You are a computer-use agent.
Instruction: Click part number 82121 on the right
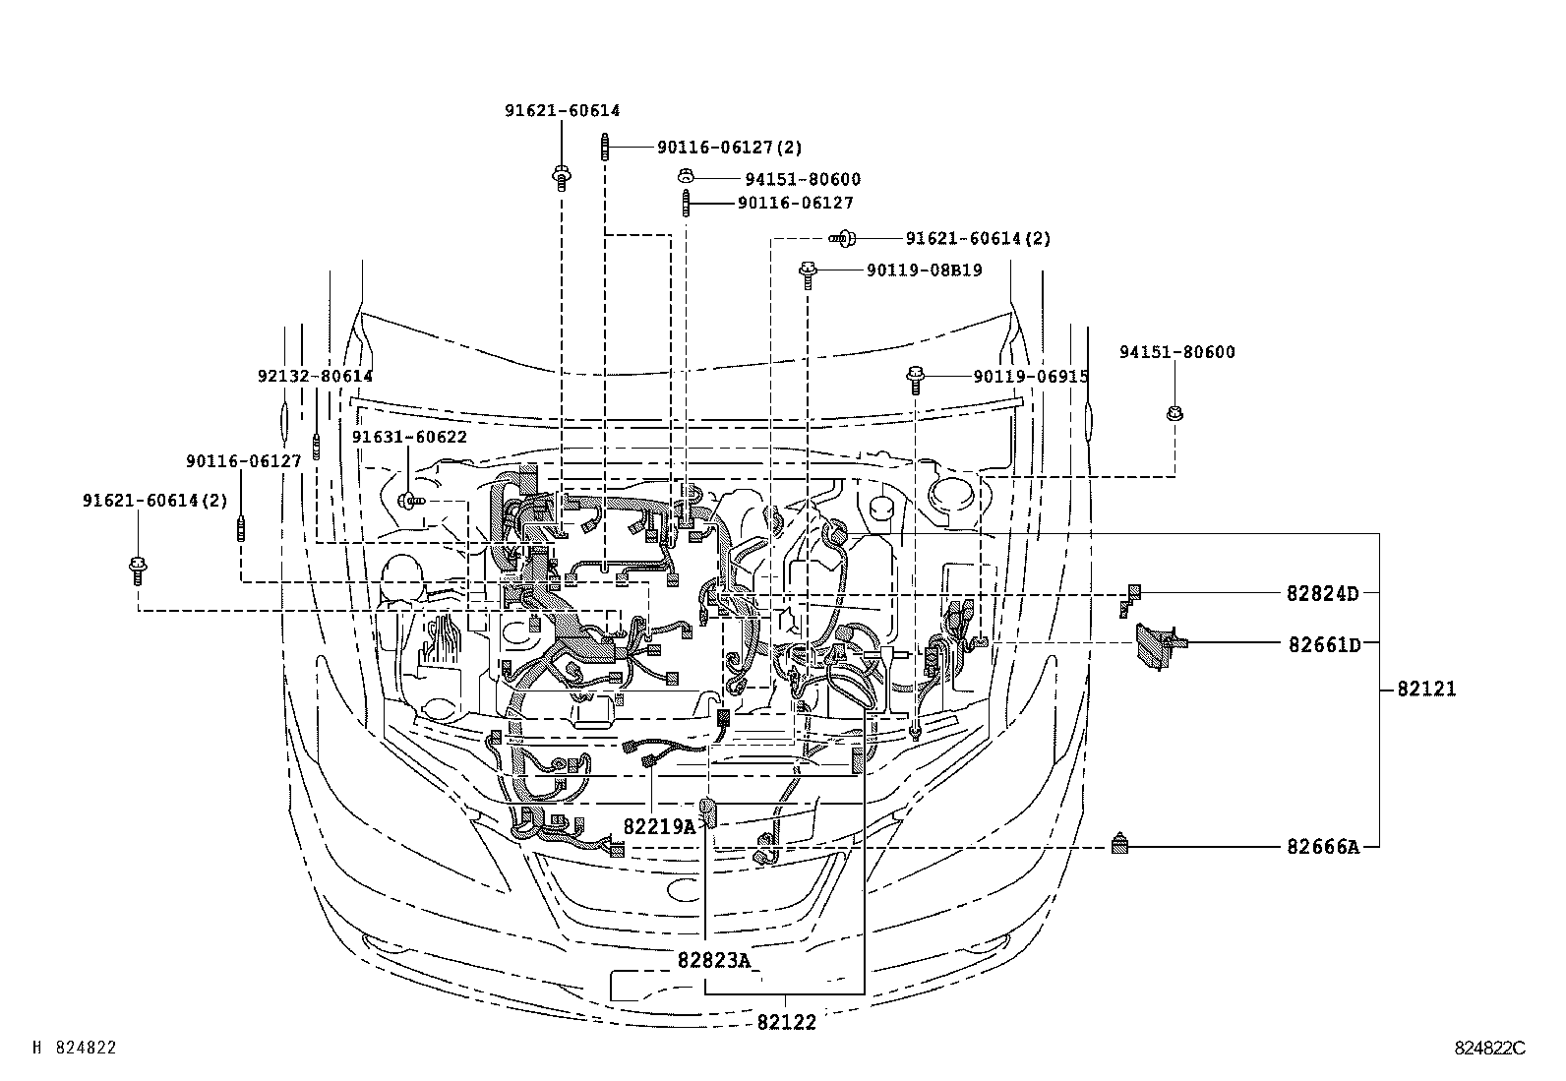pos(1426,690)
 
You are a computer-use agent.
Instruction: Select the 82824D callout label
pos(1322,593)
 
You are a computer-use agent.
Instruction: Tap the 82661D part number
pos(1324,644)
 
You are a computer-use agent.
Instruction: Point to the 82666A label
pos(1322,846)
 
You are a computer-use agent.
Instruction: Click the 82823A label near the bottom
pos(713,959)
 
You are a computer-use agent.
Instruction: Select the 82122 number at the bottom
pos(786,1022)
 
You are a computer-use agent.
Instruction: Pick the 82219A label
pos(659,826)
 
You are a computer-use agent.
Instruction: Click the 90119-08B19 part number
pos(924,270)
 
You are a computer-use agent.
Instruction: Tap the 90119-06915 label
pos(1030,376)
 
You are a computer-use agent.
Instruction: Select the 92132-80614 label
pos(315,376)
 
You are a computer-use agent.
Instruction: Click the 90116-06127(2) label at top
pos(729,148)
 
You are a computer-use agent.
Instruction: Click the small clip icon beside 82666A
pos(1119,844)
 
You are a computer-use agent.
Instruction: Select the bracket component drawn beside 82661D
pos(1157,646)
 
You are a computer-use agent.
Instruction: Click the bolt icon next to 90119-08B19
pos(808,271)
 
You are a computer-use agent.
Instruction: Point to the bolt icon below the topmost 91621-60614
pos(561,179)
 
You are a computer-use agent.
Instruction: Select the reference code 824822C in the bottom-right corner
pos(1489,1049)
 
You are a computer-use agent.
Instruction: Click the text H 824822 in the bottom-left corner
pos(75,1049)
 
